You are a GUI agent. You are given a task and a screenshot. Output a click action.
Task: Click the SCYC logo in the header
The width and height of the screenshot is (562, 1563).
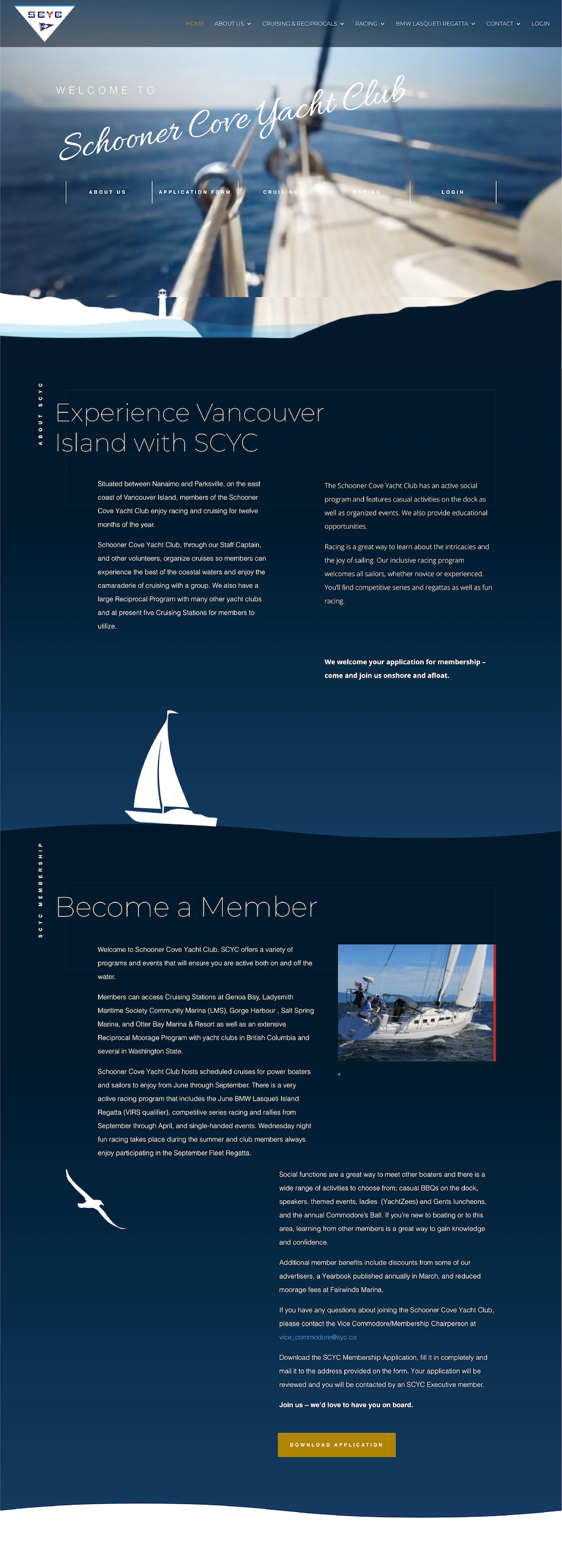pyautogui.click(x=44, y=22)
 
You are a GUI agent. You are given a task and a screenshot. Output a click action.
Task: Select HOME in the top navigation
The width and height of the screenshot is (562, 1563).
pyautogui.click(x=194, y=24)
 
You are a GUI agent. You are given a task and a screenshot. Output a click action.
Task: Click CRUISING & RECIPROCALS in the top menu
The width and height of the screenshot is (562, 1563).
pyautogui.click(x=299, y=24)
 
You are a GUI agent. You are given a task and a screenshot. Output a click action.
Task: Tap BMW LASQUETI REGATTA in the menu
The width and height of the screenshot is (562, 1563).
pyautogui.click(x=432, y=24)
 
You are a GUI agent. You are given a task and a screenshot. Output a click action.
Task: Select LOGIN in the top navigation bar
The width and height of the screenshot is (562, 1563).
pyautogui.click(x=540, y=24)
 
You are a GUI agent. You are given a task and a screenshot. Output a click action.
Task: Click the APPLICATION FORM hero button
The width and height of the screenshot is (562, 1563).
pyautogui.click(x=194, y=192)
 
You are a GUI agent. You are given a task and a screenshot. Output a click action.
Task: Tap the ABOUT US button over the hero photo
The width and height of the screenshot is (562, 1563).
pyautogui.click(x=108, y=192)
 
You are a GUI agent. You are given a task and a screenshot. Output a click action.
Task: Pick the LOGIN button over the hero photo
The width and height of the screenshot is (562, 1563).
pyautogui.click(x=452, y=192)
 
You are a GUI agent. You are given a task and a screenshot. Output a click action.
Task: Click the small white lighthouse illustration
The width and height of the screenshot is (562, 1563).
pyautogui.click(x=162, y=302)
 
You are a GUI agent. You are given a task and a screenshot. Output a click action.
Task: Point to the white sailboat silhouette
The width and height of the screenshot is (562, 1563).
pyautogui.click(x=167, y=771)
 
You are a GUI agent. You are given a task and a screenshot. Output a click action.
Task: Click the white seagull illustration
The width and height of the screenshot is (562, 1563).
pyautogui.click(x=95, y=1199)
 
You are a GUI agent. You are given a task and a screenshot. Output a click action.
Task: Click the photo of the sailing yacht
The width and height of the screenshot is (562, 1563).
pyautogui.click(x=416, y=1003)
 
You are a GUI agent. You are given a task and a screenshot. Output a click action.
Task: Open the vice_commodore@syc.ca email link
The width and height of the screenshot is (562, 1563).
pyautogui.click(x=318, y=1337)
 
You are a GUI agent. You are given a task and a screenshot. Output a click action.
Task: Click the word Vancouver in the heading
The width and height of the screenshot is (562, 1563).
pyautogui.click(x=260, y=414)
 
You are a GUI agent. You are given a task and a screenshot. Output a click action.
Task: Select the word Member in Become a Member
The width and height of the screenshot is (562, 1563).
pyautogui.click(x=259, y=908)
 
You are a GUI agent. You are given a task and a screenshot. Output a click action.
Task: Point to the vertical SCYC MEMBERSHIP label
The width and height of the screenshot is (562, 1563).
pyautogui.click(x=41, y=889)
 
